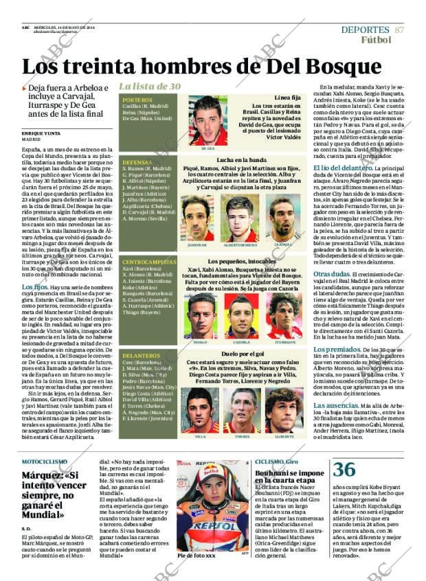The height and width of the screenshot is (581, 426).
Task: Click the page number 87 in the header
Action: (399, 30)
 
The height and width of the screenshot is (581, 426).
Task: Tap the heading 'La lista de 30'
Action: (150, 86)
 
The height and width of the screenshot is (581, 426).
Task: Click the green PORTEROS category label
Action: (137, 100)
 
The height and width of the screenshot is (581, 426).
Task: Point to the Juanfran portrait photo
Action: (197, 218)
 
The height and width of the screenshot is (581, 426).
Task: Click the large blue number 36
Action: (344, 469)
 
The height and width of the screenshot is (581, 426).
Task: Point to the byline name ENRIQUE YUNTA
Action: (41, 133)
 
